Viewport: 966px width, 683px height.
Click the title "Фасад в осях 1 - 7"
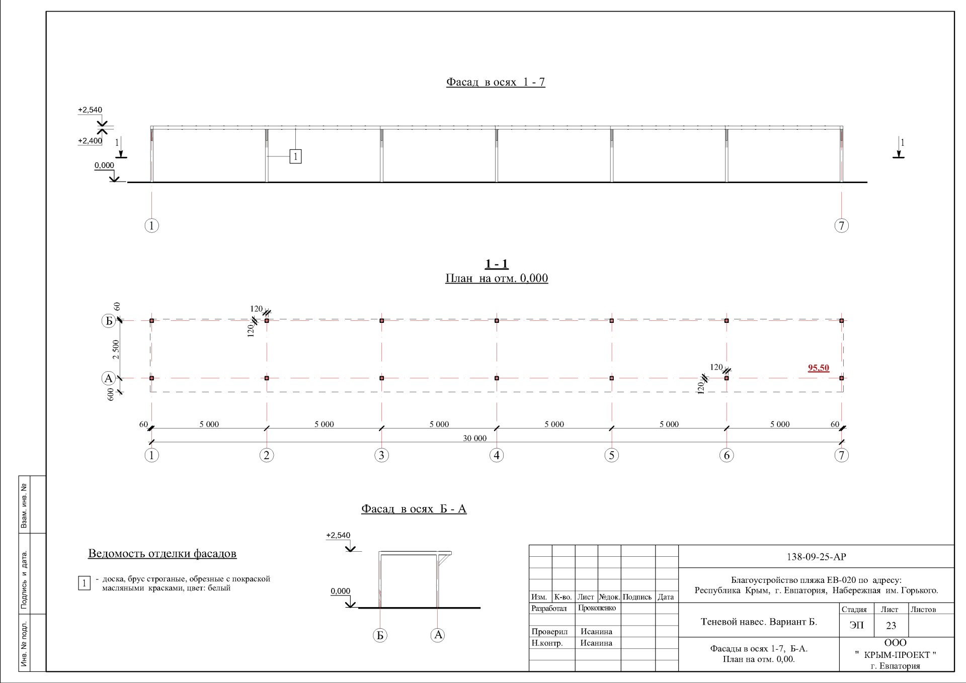[x=496, y=82]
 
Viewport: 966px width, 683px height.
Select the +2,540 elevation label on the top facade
[x=90, y=110]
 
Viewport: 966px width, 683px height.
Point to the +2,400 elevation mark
[x=90, y=141]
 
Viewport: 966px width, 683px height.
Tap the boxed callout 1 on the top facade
[x=295, y=156]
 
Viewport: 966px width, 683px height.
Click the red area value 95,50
[x=819, y=368]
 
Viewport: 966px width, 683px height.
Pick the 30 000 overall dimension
[x=475, y=438]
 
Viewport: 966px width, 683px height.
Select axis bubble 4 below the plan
[x=497, y=455]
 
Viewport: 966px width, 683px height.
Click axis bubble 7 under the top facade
[x=842, y=225]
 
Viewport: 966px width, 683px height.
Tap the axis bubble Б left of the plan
[x=109, y=321]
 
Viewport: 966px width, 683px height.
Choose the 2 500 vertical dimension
[x=116, y=350]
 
